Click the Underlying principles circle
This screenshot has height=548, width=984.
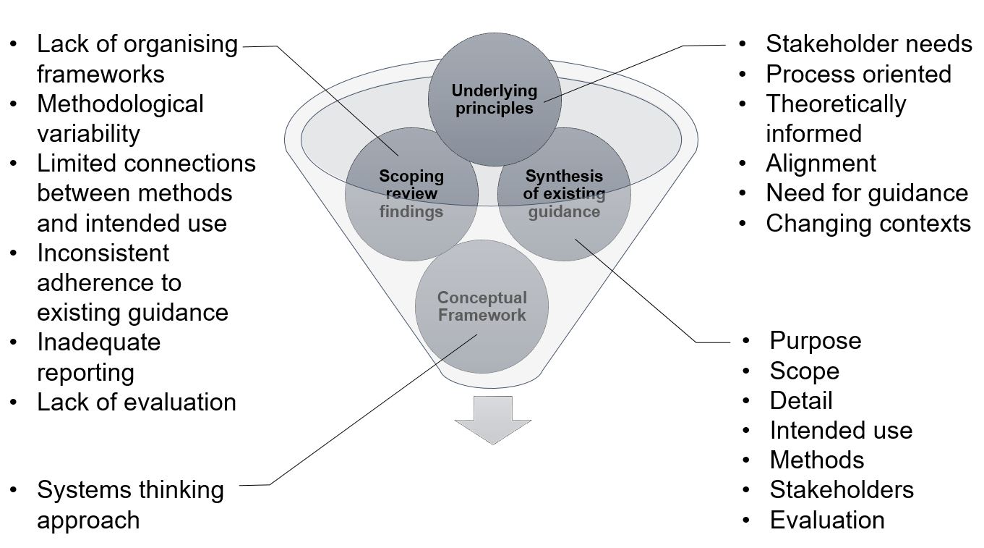click(495, 100)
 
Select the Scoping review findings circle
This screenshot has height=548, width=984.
click(411, 193)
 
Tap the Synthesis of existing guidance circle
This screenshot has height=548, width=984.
click(564, 193)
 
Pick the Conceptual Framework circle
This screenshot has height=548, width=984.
click(482, 306)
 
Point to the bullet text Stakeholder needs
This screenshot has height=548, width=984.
click(868, 44)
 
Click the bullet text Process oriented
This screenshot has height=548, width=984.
click(858, 74)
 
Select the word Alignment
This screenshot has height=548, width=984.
click(821, 163)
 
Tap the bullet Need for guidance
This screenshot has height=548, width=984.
click(866, 193)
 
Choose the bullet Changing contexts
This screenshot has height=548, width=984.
click(868, 223)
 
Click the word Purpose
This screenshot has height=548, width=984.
click(815, 340)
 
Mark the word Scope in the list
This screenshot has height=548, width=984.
click(804, 371)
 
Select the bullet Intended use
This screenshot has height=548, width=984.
click(840, 430)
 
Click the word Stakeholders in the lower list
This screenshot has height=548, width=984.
click(841, 489)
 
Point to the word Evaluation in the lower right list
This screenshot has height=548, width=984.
click(826, 520)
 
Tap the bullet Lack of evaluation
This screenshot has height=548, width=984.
click(136, 402)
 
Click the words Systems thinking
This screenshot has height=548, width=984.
click(130, 489)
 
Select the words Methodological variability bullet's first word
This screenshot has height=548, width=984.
click(120, 104)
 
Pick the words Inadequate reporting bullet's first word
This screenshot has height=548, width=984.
click(98, 342)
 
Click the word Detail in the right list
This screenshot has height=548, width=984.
click(800, 400)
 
